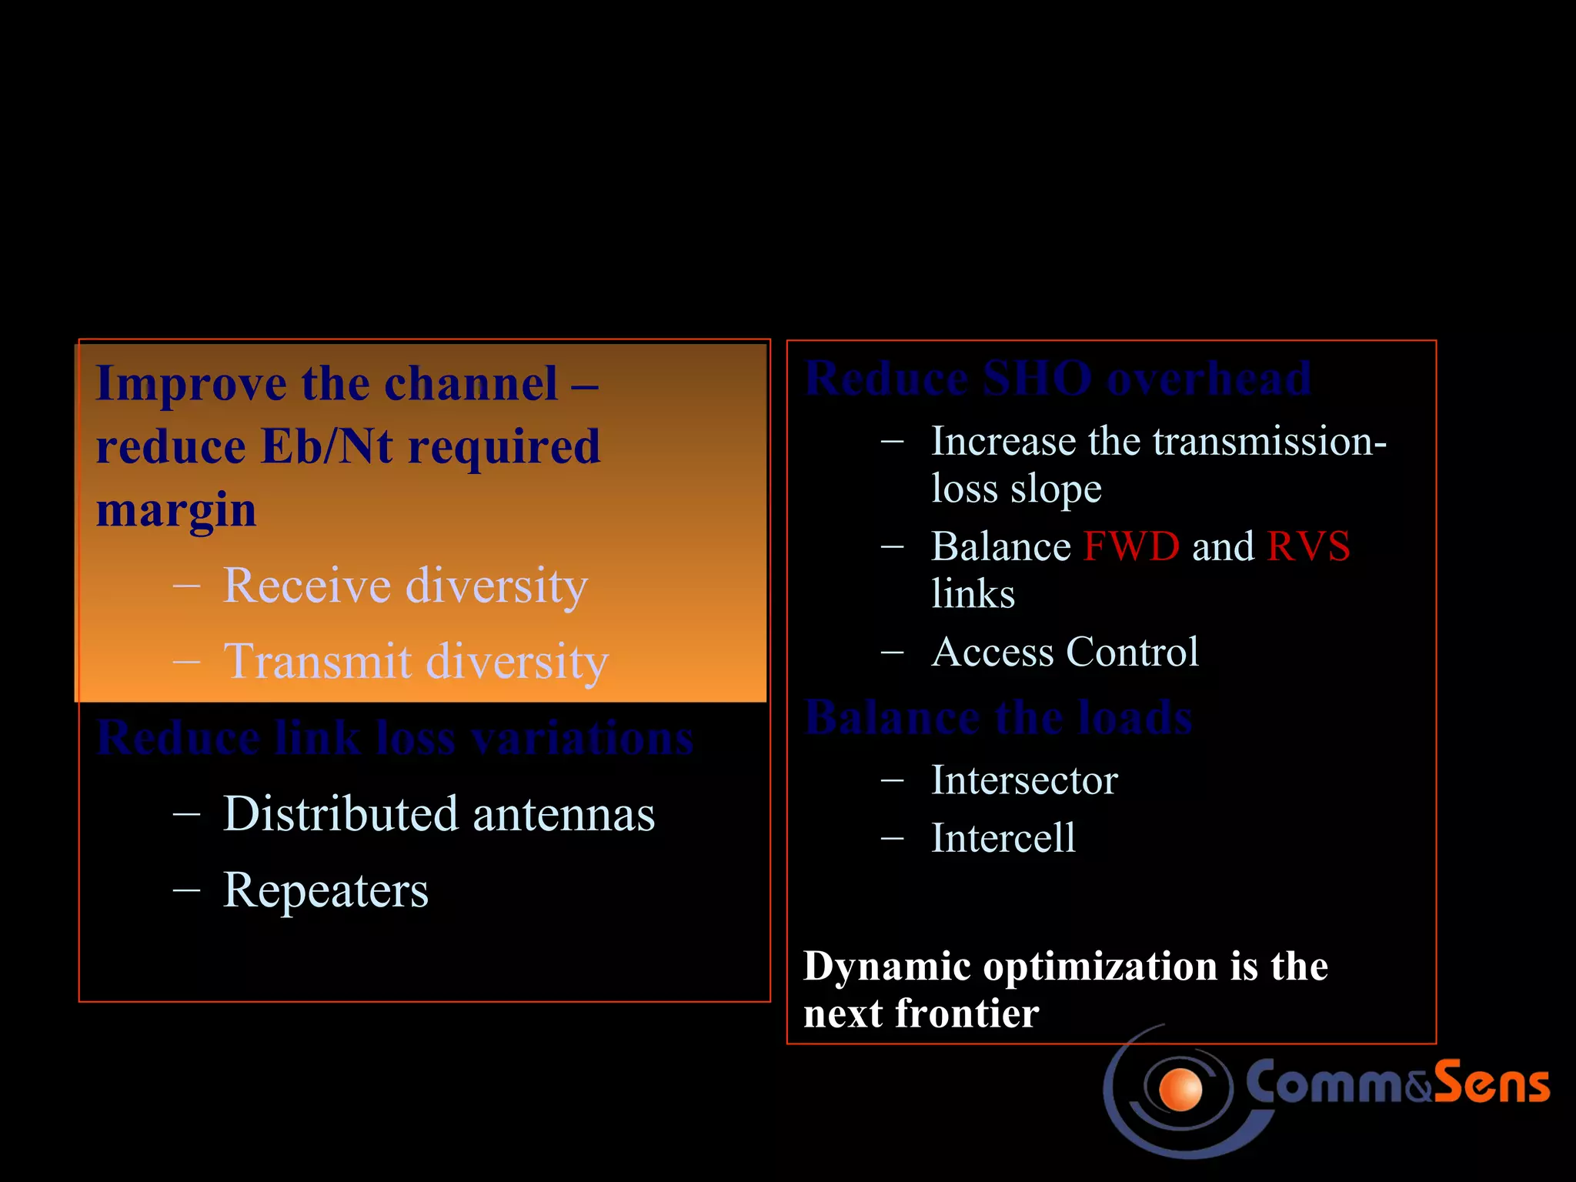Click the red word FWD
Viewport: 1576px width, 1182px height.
tap(1130, 547)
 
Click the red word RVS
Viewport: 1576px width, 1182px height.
tap(1308, 547)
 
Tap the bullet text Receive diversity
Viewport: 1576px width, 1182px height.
tap(405, 586)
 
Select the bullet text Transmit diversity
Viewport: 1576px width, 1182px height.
tap(416, 662)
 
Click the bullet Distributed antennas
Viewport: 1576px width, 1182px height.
tap(439, 814)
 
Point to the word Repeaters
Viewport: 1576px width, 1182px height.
tap(325, 890)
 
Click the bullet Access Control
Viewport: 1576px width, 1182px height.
tap(1064, 653)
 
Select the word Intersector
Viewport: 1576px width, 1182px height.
tap(1023, 780)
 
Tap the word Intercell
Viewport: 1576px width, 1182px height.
tap(1003, 838)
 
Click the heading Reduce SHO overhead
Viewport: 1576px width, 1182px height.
tap(1057, 379)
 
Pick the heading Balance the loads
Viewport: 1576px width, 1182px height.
tap(998, 717)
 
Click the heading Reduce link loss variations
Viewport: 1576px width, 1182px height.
tap(395, 738)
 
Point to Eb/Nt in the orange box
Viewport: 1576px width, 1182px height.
tap(327, 446)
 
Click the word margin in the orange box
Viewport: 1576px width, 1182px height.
tap(175, 510)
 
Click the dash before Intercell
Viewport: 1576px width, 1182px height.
tap(892, 838)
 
